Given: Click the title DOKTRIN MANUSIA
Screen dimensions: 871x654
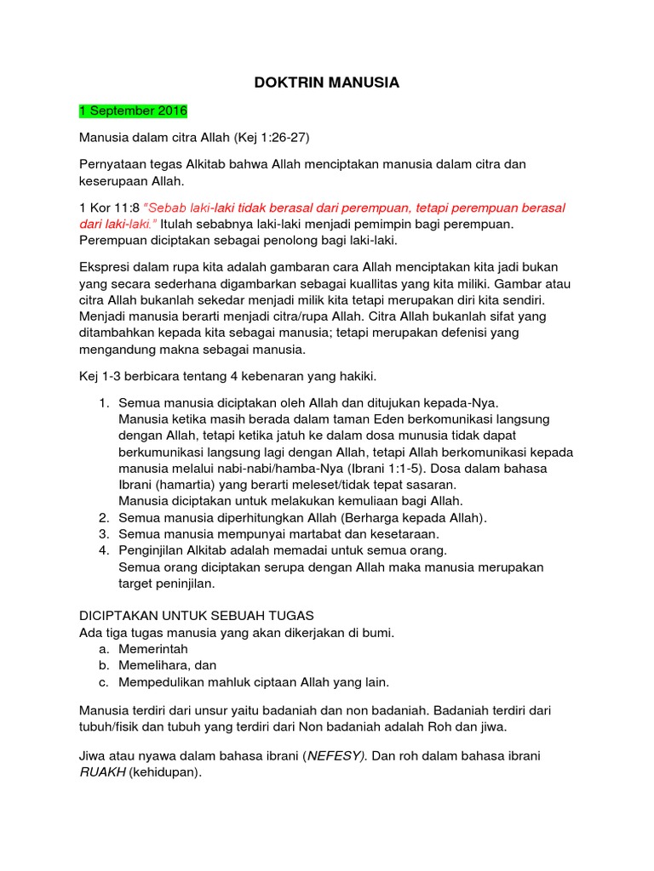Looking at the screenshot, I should click(327, 83).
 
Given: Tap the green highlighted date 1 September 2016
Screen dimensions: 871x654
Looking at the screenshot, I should click(133, 111).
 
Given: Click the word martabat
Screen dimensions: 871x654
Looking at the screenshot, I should click(291, 533).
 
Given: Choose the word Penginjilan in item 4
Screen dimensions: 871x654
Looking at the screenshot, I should click(154, 550).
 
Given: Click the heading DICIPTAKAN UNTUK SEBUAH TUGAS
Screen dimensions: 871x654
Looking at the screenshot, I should click(197, 615).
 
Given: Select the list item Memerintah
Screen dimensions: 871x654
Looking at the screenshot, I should click(153, 648).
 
